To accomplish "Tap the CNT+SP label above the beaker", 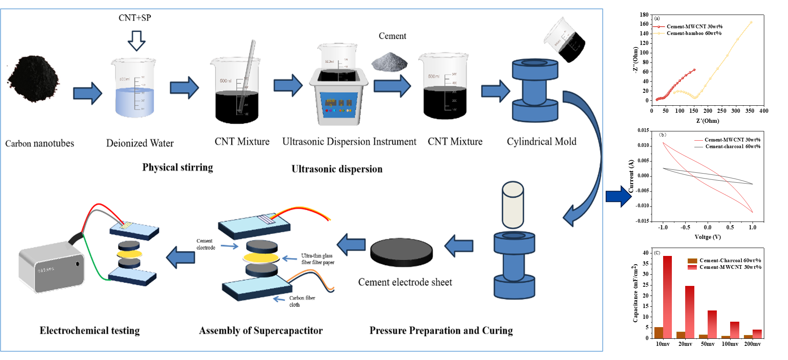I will [x=134, y=18].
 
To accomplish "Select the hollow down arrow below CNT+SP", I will [x=136, y=40].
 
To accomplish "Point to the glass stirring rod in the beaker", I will [x=247, y=75].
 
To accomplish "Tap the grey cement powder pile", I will [x=389, y=62].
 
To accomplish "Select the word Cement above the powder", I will [x=392, y=36].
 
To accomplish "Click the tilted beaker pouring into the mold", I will [x=565, y=40].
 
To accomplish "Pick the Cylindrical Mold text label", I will [x=542, y=142].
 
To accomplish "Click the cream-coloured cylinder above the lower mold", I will [x=512, y=204].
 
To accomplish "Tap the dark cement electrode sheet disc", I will [x=401, y=252].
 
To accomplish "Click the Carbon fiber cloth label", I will [x=302, y=301].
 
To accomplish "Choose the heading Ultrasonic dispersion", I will [x=337, y=169].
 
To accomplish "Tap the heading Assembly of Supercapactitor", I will [x=261, y=330].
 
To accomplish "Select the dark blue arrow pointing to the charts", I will [x=619, y=196].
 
